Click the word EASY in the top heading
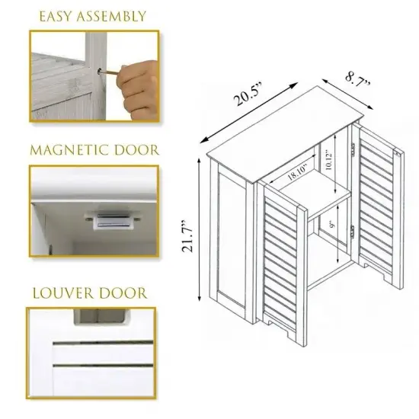[x=54, y=15]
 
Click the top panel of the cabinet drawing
[x=289, y=126]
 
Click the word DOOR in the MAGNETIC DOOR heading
[x=136, y=149]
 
